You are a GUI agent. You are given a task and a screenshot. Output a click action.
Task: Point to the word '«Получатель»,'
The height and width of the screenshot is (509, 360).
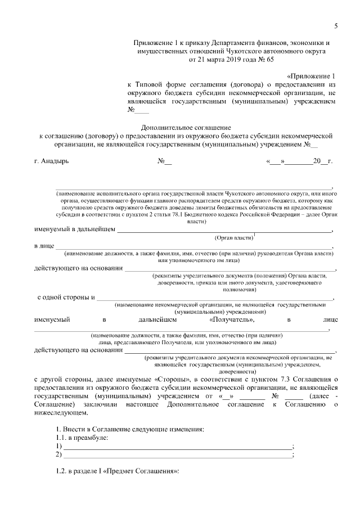[x=232, y=319]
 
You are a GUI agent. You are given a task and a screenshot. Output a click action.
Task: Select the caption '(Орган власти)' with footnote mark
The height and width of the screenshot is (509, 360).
[x=235, y=238]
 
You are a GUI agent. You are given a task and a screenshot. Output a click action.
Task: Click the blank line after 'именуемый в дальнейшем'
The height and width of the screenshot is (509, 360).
[x=224, y=229]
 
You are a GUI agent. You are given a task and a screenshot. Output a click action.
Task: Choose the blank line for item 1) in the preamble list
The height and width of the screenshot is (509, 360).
[x=178, y=446]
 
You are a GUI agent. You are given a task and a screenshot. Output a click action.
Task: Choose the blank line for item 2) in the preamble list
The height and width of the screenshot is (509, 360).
[x=178, y=454]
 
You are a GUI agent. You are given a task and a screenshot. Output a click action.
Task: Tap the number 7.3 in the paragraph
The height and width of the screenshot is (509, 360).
[x=282, y=380]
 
